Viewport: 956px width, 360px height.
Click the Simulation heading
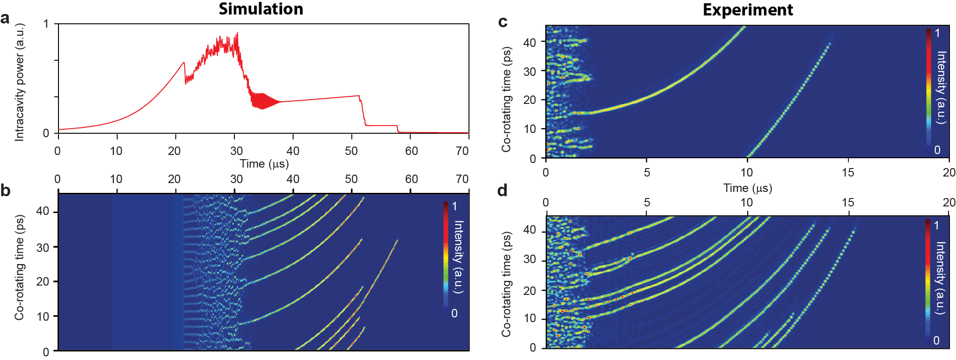pyautogui.click(x=261, y=9)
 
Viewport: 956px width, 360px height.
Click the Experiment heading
pyautogui.click(x=747, y=10)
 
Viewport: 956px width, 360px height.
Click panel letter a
pyautogui.click(x=5, y=19)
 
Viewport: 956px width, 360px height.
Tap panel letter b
pyautogui.click(x=5, y=190)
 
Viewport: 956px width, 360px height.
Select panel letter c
pyautogui.click(x=503, y=22)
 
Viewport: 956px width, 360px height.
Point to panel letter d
pyautogui.click(x=503, y=191)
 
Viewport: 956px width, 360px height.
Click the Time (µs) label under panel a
pyautogui.click(x=264, y=164)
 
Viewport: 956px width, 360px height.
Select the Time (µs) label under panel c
pyautogui.click(x=747, y=188)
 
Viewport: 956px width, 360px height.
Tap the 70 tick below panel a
pyautogui.click(x=462, y=151)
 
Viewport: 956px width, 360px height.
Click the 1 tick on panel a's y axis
pyautogui.click(x=46, y=24)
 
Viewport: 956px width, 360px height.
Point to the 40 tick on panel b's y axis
pyautogui.click(x=43, y=211)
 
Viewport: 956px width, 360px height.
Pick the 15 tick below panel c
pyautogui.click(x=847, y=173)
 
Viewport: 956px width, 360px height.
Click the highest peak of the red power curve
pyautogui.click(x=237, y=33)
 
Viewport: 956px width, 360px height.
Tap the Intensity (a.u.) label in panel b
pyautogui.click(x=459, y=257)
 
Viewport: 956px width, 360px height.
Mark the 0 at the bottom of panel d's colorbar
pyautogui.click(x=936, y=340)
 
